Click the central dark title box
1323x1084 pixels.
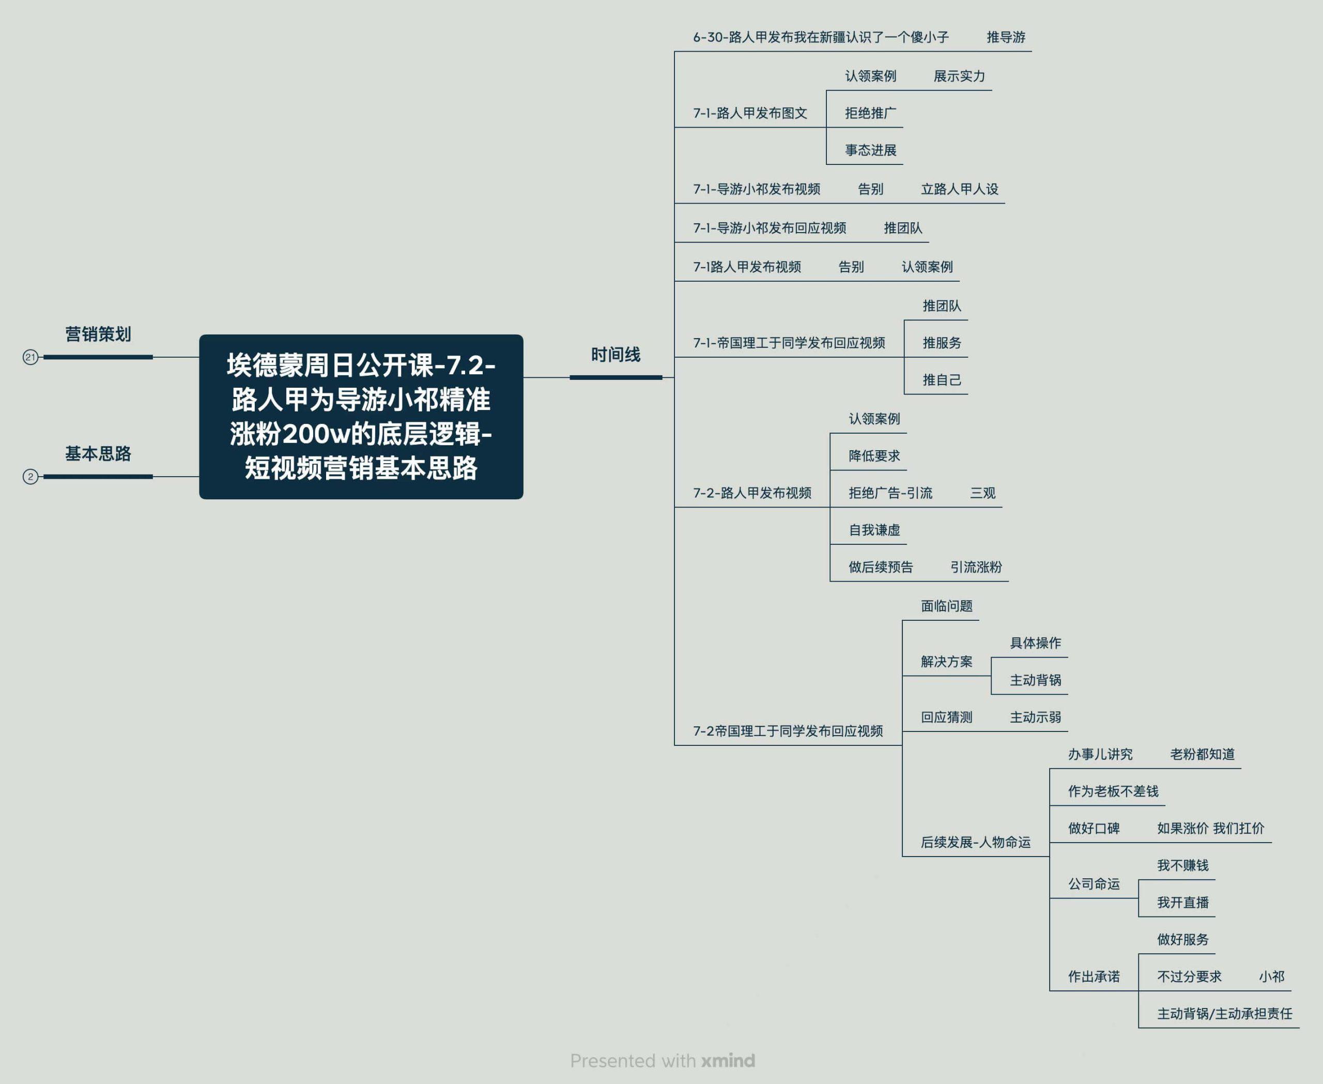(361, 417)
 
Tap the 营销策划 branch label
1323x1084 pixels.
(98, 334)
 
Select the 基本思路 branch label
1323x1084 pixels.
(98, 453)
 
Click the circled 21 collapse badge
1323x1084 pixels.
(30, 357)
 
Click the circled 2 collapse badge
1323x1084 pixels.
(30, 477)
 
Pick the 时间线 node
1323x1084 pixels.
(616, 355)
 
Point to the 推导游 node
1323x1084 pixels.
(1006, 37)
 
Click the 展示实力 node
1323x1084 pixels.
(959, 76)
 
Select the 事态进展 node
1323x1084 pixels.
(870, 150)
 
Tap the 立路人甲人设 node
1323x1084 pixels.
(960, 189)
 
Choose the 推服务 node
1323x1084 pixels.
(942, 343)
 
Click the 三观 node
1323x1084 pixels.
(983, 493)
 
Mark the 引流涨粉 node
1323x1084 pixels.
(976, 567)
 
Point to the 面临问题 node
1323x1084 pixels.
(947, 606)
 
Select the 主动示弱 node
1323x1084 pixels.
(1035, 717)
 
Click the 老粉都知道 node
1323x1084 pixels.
(1202, 754)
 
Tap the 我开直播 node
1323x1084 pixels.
(1182, 902)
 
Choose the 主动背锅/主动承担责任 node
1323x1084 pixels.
(1224, 1014)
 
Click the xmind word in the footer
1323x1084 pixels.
(728, 1060)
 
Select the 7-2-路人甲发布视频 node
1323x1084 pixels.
(752, 493)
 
